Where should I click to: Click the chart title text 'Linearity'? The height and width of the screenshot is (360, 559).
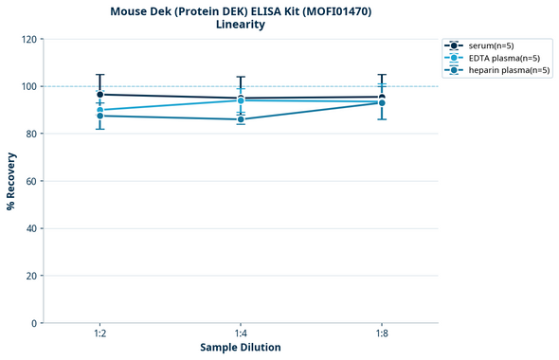click(x=241, y=25)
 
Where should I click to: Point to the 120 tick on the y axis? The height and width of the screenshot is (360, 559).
click(x=28, y=39)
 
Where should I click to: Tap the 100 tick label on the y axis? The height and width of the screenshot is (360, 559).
click(x=28, y=86)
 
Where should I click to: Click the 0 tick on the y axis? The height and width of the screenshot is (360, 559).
click(x=34, y=323)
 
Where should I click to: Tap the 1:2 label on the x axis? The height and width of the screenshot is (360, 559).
click(x=99, y=334)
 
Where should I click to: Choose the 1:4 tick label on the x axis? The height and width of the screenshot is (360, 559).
click(x=241, y=334)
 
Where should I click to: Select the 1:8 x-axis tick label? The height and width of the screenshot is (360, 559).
click(x=382, y=334)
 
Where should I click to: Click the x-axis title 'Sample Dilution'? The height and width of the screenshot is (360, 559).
click(x=241, y=348)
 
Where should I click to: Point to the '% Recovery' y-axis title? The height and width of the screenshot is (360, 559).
click(x=11, y=181)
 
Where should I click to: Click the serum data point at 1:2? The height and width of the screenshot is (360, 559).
click(x=99, y=95)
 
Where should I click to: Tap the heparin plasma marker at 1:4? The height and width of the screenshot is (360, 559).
click(x=241, y=119)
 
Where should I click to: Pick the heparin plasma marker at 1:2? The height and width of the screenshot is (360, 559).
click(x=99, y=116)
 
